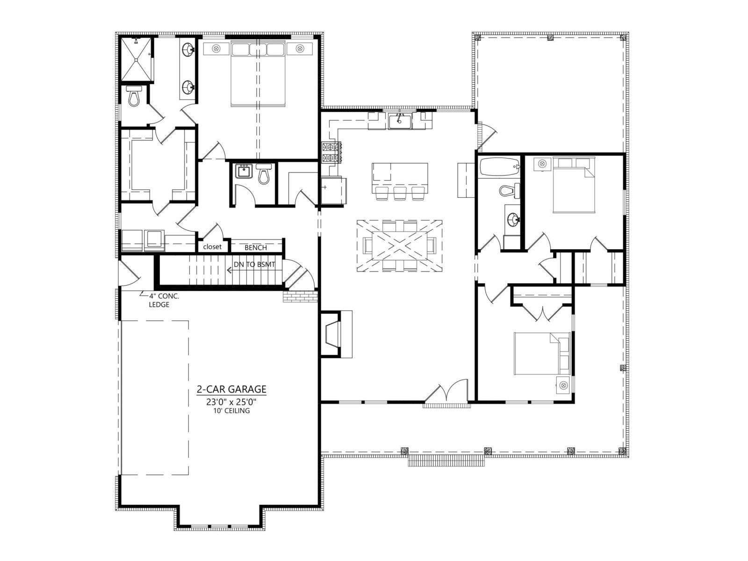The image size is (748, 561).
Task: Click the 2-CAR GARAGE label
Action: pyautogui.click(x=231, y=389)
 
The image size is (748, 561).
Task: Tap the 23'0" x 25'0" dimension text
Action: pyautogui.click(x=231, y=402)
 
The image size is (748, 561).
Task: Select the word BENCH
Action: pyautogui.click(x=256, y=248)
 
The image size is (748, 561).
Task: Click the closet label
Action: pyautogui.click(x=212, y=247)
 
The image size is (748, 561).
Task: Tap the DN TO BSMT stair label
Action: pyautogui.click(x=254, y=264)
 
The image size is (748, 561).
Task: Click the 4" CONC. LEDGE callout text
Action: pyautogui.click(x=164, y=301)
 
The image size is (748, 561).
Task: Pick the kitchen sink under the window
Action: pyautogui.click(x=400, y=121)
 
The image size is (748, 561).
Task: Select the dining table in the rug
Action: pyautogui.click(x=399, y=245)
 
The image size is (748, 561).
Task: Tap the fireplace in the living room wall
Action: pyautogui.click(x=336, y=334)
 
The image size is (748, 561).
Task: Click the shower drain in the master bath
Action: pyautogui.click(x=136, y=60)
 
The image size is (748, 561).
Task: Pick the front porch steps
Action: pyautogui.click(x=446, y=461)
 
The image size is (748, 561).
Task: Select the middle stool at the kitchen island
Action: pyautogui.click(x=399, y=193)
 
